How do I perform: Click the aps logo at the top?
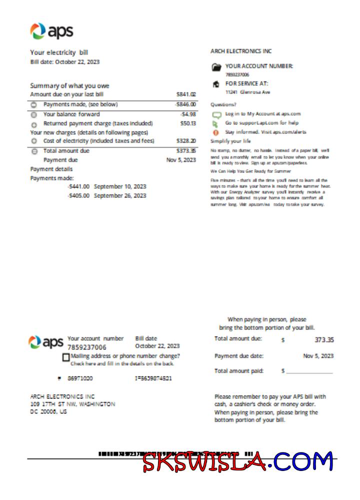click(x=51, y=31)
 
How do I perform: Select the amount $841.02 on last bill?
click(x=186, y=94)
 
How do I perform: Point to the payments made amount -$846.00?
click(x=185, y=104)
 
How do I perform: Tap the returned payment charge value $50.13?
click(x=188, y=123)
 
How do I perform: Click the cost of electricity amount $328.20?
click(x=186, y=141)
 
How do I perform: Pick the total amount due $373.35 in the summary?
click(x=186, y=150)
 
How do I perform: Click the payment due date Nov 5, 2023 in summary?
click(x=181, y=160)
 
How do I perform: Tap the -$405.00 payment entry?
click(x=78, y=195)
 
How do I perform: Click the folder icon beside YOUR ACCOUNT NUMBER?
click(x=216, y=66)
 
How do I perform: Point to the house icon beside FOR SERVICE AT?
click(x=216, y=84)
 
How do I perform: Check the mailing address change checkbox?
click(x=66, y=357)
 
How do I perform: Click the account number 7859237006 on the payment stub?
click(x=86, y=347)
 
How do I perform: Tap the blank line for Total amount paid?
click(x=309, y=371)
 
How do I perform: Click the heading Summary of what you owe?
click(x=69, y=85)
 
